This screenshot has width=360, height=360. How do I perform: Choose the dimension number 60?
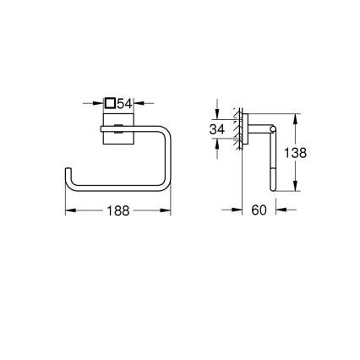[x=259, y=211]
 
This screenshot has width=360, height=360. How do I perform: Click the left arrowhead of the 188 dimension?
[x=69, y=211]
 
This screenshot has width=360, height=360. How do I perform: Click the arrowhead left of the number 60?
[x=237, y=211]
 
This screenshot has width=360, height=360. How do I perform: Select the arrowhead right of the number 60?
[x=280, y=211]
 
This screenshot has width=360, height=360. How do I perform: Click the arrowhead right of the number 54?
[x=140, y=103]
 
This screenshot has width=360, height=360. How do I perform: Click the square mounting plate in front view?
[x=117, y=131]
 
